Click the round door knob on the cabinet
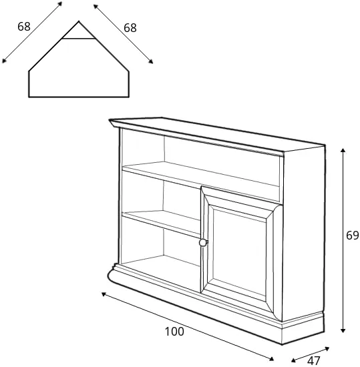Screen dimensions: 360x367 coord(203,242)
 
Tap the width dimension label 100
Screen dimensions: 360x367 coord(174,332)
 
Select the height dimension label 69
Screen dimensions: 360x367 coord(353,236)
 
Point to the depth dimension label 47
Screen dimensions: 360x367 coord(314,360)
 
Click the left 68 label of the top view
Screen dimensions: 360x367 coord(24,27)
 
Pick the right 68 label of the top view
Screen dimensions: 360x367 coord(130,28)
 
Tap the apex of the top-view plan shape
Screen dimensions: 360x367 coord(79,21)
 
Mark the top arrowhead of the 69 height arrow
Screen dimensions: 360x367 coord(343,150)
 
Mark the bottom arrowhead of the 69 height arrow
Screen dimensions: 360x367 coord(343,330)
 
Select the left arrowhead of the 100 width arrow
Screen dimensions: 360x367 coord(104,294)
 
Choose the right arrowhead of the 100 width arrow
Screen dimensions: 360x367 coord(271,359)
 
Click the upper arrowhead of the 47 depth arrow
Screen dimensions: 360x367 coord(327,349)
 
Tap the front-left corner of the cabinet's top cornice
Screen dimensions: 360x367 coord(110,120)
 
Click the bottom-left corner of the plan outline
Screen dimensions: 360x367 coord(29,97)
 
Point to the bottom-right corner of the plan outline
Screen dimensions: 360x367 coord(129,97)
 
